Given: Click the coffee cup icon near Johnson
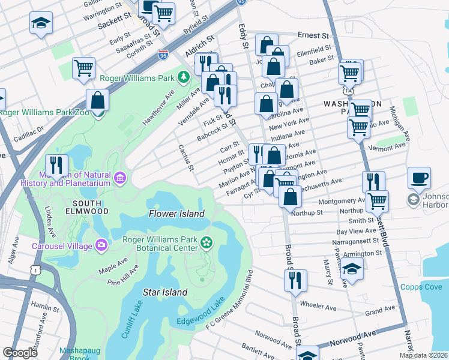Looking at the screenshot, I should pyautogui.click(x=419, y=178).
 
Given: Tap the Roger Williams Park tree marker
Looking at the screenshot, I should pyautogui.click(x=184, y=77).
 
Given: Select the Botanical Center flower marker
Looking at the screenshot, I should pyautogui.click(x=206, y=242).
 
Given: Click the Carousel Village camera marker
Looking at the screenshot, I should pyautogui.click(x=101, y=245).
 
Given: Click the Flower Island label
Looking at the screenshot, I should pyautogui.click(x=176, y=214).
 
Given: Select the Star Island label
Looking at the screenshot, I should pyautogui.click(x=165, y=292).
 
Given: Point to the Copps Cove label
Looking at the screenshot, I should pyautogui.click(x=420, y=287).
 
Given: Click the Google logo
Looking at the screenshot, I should pyautogui.click(x=20, y=353).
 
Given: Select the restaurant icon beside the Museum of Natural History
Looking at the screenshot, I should pyautogui.click(x=56, y=165).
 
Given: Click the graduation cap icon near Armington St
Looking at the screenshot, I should pyautogui.click(x=352, y=270).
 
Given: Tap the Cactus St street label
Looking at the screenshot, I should pyautogui.click(x=185, y=156).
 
